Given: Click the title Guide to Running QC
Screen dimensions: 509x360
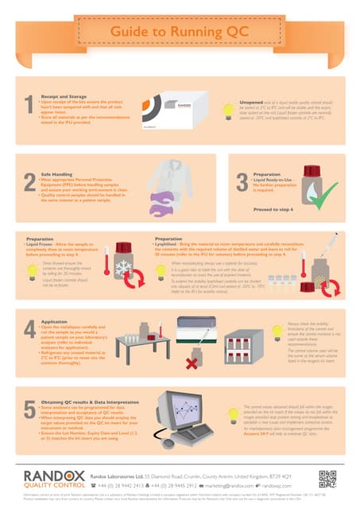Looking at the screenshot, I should click(180, 29).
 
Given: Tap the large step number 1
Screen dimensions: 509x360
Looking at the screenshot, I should click(29, 105).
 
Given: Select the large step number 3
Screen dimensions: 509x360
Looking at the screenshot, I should click(241, 181).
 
